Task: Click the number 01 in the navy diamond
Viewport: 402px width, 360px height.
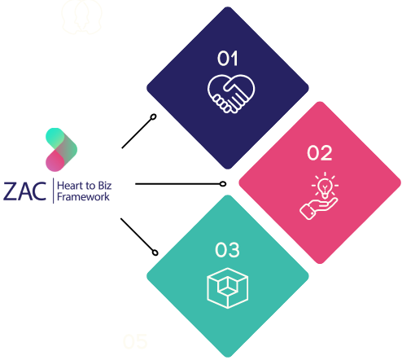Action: [x=228, y=59]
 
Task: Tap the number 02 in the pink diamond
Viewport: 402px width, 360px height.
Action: [x=320, y=153]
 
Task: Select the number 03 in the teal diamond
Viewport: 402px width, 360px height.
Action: [x=227, y=250]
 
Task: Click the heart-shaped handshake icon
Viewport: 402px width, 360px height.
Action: [x=231, y=94]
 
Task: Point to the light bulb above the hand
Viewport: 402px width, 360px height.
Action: [x=325, y=186]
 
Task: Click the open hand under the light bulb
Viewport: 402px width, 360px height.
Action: [x=318, y=209]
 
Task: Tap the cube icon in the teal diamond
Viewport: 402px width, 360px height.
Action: [x=228, y=288]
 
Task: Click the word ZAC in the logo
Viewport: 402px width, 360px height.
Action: [x=24, y=191]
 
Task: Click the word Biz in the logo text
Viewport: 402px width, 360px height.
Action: [x=105, y=186]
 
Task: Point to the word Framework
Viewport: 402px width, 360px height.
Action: [x=83, y=196]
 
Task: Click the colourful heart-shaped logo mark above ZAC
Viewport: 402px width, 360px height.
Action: [x=61, y=150]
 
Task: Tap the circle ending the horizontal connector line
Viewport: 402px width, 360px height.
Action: [x=223, y=184]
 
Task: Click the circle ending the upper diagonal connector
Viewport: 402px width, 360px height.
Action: [x=153, y=117]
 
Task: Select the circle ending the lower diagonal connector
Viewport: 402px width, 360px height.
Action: [x=155, y=252]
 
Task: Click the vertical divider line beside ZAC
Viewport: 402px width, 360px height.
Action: [x=54, y=191]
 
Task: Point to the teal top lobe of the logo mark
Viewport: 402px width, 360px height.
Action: [x=55, y=138]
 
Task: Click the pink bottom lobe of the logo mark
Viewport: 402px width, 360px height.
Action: [x=55, y=162]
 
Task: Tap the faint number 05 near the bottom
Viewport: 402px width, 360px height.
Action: [x=135, y=341]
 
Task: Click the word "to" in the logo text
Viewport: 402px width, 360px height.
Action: [x=90, y=187]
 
